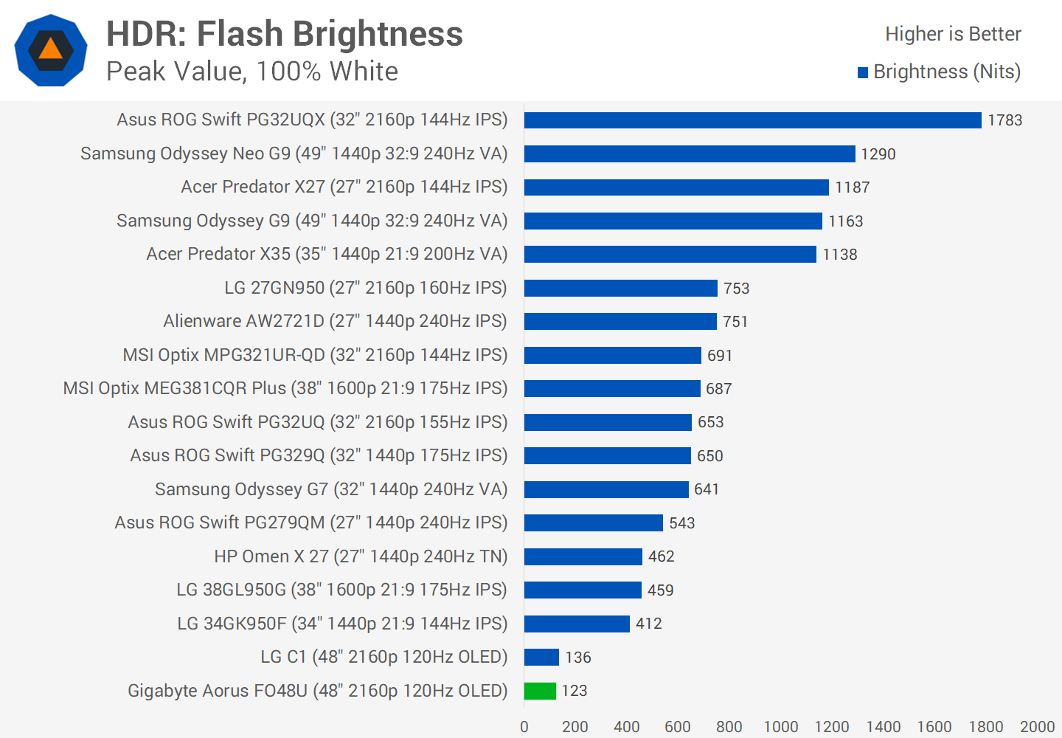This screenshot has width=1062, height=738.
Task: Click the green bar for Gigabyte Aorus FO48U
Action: pos(540,691)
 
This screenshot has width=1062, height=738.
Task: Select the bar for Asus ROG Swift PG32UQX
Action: pos(752,120)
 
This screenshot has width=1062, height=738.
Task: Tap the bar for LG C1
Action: pos(541,657)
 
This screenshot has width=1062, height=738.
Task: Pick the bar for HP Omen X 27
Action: pos(583,556)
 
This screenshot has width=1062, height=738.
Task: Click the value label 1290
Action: pos(878,154)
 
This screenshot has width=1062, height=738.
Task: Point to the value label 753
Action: pos(736,289)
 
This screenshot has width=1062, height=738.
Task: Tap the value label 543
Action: pos(681,523)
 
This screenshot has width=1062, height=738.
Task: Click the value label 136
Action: pos(577,658)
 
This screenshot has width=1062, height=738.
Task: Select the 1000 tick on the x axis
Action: pos(780,727)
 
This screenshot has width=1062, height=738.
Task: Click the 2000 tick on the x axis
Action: pos(1037,727)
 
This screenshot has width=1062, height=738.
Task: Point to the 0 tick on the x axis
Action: pos(524,727)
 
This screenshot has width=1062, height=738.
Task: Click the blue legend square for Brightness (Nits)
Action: pos(863,72)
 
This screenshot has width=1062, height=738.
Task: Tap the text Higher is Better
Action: pos(953,34)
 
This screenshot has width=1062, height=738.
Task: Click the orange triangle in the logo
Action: pos(50,49)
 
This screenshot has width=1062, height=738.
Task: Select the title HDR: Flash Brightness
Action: pos(285,34)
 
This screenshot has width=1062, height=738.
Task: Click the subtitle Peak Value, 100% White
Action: pos(252,72)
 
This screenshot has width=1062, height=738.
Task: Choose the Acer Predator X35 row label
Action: pos(327,254)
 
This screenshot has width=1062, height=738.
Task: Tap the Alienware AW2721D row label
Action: pos(335,321)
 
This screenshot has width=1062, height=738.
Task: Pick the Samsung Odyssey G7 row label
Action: pos(331,489)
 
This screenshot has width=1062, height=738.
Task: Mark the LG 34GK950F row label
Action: pos(342,624)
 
